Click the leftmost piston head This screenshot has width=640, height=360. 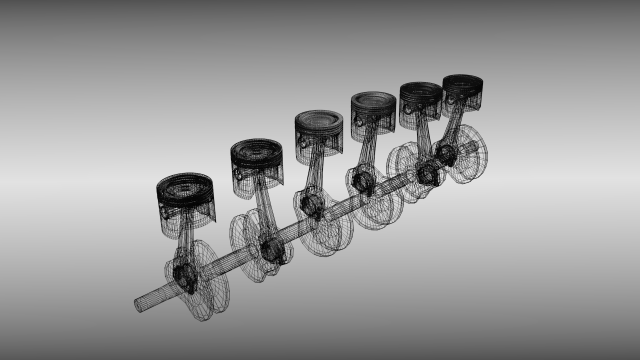[x=186, y=193]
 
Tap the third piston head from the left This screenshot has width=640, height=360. [x=320, y=127]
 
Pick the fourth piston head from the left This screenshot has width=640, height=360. [x=373, y=106]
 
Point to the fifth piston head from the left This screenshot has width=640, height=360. [x=421, y=97]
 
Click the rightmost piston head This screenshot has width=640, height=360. [x=463, y=88]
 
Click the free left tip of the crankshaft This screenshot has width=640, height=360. [x=140, y=304]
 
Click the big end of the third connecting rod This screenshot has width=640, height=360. [x=309, y=206]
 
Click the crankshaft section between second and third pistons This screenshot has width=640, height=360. [x=290, y=228]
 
